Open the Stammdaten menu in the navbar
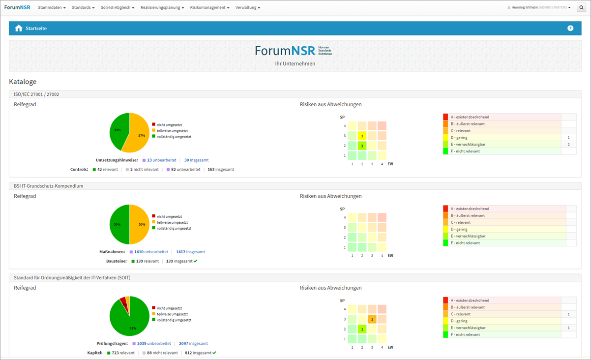[51, 8]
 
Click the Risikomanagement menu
[209, 8]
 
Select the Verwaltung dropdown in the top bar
[248, 8]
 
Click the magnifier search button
[581, 7]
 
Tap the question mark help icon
[570, 28]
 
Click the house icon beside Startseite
[19, 28]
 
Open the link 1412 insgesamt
[190, 252]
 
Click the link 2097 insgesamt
[193, 343]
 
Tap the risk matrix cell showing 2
[362, 146]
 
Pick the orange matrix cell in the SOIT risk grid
[372, 319]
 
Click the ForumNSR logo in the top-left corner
[17, 7]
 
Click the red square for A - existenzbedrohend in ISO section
[445, 117]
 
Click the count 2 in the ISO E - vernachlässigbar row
[568, 145]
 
